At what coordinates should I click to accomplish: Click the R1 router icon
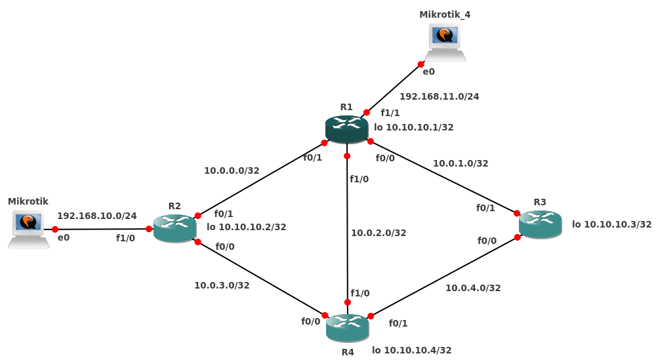tap(346, 129)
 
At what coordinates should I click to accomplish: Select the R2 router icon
tap(174, 228)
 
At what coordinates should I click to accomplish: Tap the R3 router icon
tap(540, 224)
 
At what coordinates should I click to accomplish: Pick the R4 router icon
tap(347, 328)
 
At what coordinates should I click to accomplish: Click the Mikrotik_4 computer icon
tap(445, 42)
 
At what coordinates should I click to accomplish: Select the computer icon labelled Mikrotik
tap(29, 229)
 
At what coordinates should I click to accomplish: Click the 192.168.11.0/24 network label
tap(439, 96)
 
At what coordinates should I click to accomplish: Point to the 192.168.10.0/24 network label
tap(97, 216)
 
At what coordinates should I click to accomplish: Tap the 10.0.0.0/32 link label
tap(232, 170)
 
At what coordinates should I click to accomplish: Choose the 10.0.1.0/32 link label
tap(461, 163)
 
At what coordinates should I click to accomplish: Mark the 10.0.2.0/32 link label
tap(379, 233)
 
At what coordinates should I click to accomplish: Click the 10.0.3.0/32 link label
tap(222, 285)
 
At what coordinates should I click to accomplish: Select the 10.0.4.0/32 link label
tap(473, 288)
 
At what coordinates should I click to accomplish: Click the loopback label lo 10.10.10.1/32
tap(413, 127)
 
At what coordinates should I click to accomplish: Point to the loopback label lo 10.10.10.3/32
tap(611, 224)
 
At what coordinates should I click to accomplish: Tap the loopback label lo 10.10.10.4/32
tap(411, 350)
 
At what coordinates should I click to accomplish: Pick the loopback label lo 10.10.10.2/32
tap(246, 227)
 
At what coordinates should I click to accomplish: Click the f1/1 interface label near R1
tap(390, 113)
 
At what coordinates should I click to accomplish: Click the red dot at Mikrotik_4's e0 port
tap(421, 64)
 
